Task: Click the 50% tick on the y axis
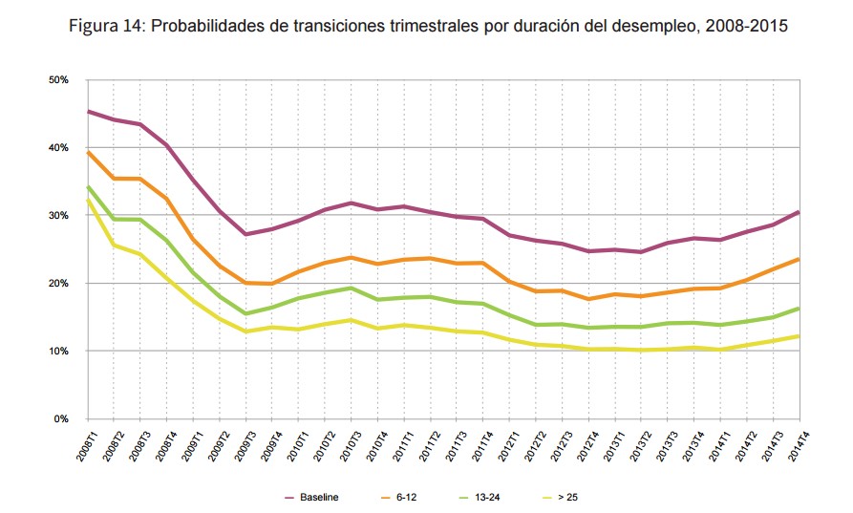coord(57,80)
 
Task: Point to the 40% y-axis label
coord(57,148)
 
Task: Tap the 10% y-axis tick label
coord(57,352)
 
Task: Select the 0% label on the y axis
coord(60,419)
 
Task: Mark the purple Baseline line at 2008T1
coord(88,112)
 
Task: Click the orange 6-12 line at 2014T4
coord(798,259)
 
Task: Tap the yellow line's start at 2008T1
coord(88,200)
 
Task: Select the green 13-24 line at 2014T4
coord(798,309)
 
